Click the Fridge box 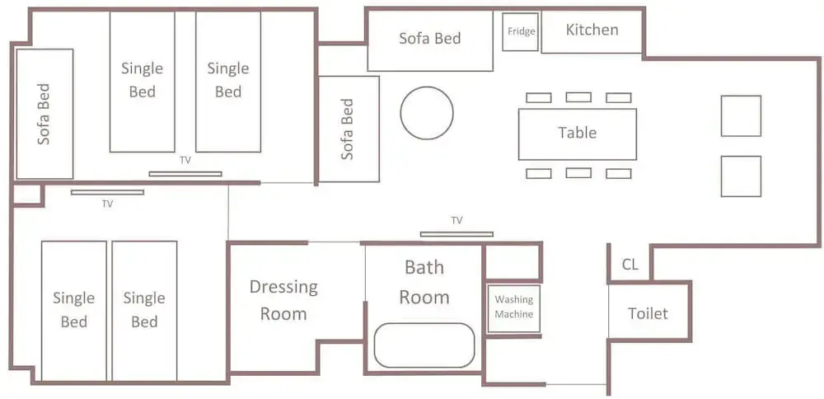(x=520, y=32)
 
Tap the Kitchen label (x=592, y=30)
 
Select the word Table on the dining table (x=577, y=132)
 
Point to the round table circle (x=427, y=87)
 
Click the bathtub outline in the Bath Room (x=424, y=323)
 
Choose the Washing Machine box (x=514, y=308)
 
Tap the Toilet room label (x=648, y=314)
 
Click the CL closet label (x=630, y=265)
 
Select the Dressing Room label (x=283, y=300)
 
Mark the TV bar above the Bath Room (x=456, y=234)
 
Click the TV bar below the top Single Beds (x=185, y=174)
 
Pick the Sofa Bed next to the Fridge (x=430, y=40)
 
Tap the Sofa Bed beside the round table (x=349, y=129)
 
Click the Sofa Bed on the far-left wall (x=44, y=114)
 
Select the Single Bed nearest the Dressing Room (x=144, y=311)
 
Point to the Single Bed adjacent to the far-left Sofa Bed (x=142, y=82)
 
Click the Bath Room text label (x=424, y=282)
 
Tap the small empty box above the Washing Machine (x=512, y=262)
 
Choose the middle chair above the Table (x=578, y=97)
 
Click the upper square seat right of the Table (x=741, y=115)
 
